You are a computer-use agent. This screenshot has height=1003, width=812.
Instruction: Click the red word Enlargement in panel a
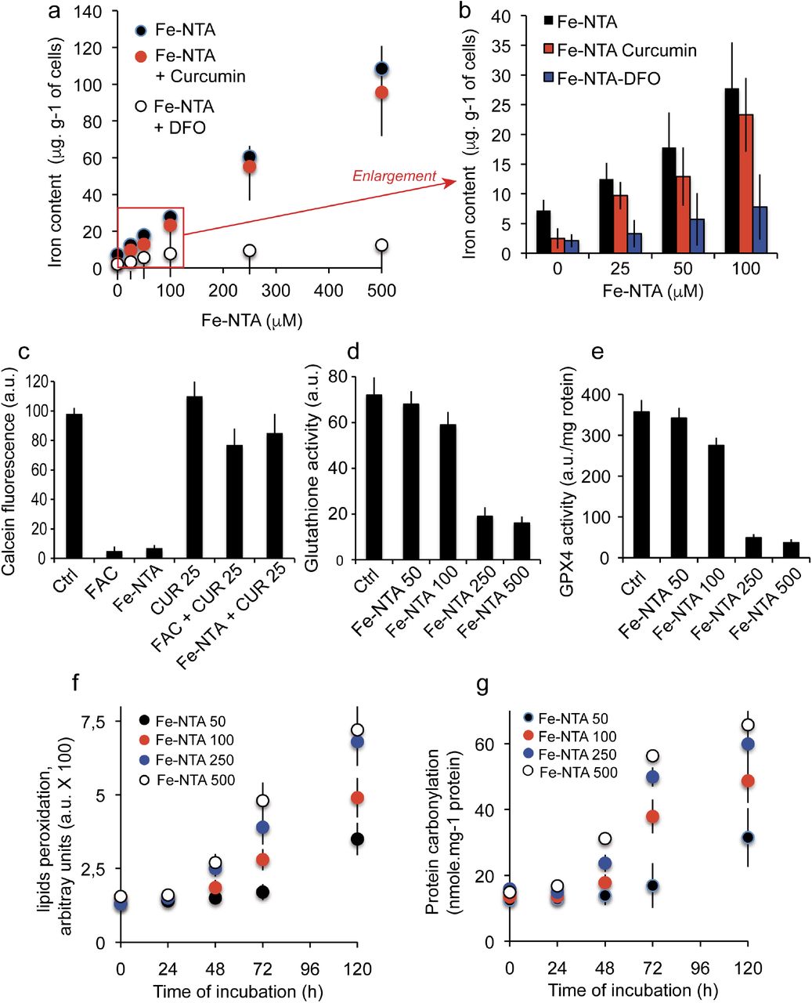[394, 176]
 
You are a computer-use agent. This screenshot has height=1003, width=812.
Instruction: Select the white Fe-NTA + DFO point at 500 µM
[381, 245]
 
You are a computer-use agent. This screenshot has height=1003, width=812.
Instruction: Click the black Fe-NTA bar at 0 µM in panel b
[543, 232]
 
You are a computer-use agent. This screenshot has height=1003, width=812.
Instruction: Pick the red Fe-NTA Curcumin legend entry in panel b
[619, 50]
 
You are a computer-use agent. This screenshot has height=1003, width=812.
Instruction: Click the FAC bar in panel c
[114, 555]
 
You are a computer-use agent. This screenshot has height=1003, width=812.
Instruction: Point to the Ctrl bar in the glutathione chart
[374, 477]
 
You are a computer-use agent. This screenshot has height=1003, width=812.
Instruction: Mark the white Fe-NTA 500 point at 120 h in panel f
[357, 730]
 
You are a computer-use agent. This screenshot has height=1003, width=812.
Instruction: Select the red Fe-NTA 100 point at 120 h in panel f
[357, 798]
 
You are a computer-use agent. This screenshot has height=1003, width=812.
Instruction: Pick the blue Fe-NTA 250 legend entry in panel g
[569, 755]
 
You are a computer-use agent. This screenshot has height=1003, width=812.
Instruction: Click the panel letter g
[483, 685]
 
